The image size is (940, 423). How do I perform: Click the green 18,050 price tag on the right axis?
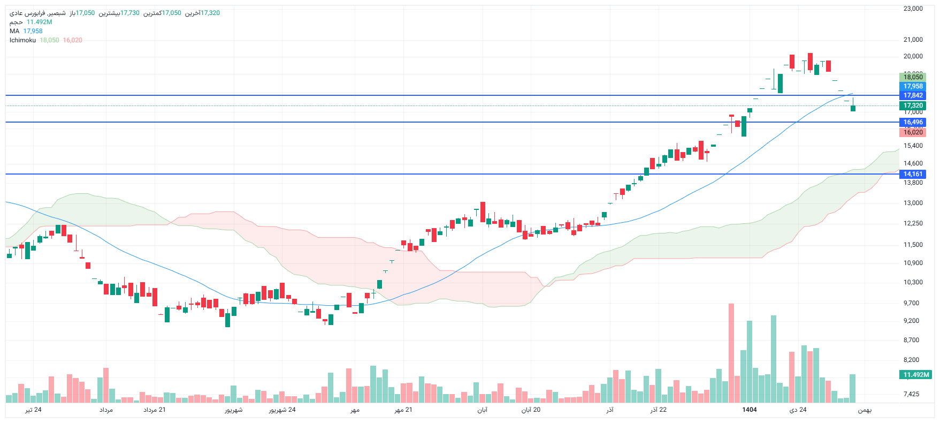tap(913, 77)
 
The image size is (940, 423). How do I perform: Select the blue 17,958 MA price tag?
tap(913, 86)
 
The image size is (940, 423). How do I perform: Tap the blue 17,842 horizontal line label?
tap(913, 95)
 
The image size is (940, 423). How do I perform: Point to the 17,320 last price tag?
tap(913, 105)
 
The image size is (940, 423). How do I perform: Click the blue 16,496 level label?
tap(913, 122)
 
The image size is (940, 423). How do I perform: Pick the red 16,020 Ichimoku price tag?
tap(913, 132)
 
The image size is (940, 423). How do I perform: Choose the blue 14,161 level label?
tap(913, 174)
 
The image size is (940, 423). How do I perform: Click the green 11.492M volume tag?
tap(916, 375)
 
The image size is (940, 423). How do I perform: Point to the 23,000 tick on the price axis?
tap(913, 9)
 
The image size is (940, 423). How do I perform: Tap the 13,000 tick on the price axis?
tap(913, 203)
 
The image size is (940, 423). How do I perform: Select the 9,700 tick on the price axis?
tap(911, 303)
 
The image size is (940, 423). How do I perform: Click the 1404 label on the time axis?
tap(749, 410)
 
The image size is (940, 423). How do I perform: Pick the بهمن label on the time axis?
tap(865, 410)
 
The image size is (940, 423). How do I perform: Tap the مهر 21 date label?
tap(403, 410)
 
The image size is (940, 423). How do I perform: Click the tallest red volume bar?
tap(731, 353)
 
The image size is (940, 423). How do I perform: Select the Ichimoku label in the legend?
tap(22, 40)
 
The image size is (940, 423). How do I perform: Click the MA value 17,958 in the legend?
tap(33, 31)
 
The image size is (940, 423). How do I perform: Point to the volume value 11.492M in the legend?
tap(39, 22)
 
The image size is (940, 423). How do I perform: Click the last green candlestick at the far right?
tap(853, 108)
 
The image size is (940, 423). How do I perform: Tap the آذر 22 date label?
tap(659, 410)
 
